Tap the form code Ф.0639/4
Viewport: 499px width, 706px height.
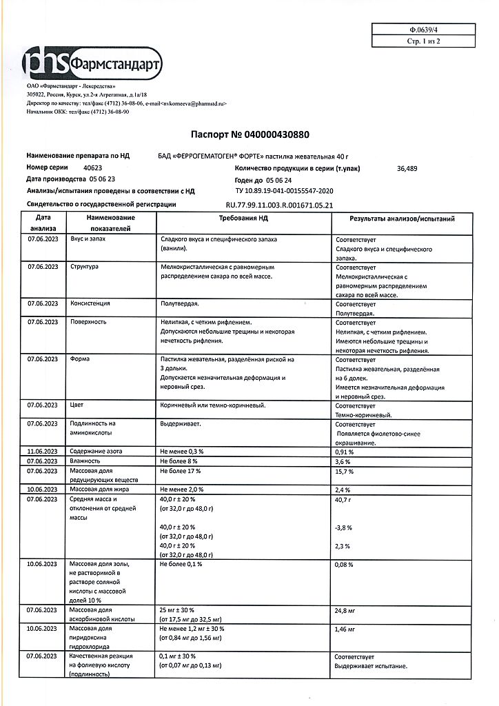tap(422, 30)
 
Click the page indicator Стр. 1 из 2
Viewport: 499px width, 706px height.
tap(422, 42)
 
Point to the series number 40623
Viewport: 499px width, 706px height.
tap(92, 168)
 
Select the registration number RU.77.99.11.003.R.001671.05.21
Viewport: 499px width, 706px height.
tap(280, 205)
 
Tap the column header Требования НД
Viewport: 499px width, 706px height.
tap(243, 218)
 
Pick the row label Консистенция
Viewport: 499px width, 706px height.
tap(90, 303)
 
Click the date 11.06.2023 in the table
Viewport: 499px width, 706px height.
tap(43, 452)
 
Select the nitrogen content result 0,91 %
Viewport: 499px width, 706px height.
tap(344, 452)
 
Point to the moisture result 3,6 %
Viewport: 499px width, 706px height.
tap(343, 461)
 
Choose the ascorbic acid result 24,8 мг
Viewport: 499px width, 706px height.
tap(345, 611)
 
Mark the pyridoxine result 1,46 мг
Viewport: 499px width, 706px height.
tap(345, 629)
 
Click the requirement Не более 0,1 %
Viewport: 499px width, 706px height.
tap(181, 564)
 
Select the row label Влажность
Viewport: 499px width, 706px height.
tap(85, 461)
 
